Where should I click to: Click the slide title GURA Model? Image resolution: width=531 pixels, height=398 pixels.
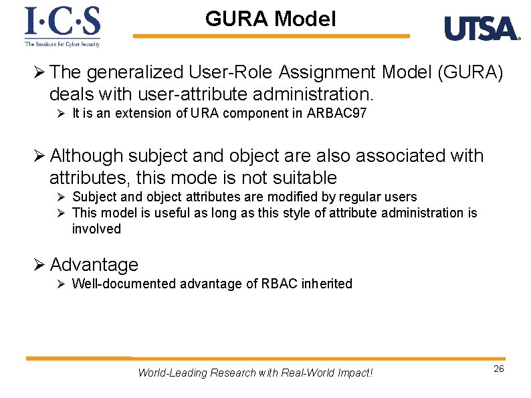[270, 19]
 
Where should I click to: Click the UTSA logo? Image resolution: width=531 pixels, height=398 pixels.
[482, 29]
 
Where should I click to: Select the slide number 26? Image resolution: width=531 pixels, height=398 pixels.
[498, 369]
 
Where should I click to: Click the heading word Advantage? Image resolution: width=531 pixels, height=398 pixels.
[94, 265]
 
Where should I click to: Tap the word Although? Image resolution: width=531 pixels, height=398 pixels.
[87, 156]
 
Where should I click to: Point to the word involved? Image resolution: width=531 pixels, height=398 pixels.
[96, 229]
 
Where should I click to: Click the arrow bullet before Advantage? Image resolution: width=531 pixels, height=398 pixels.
[39, 265]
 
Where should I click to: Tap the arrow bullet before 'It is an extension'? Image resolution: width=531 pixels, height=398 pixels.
[60, 113]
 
